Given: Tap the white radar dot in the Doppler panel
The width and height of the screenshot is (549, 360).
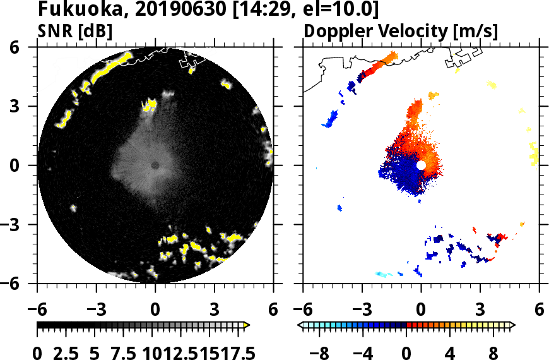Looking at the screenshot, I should pos(421,165).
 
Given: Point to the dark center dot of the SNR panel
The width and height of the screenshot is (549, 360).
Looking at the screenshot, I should pos(155,165).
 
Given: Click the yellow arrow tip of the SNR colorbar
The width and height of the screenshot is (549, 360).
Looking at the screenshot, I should pos(247,325).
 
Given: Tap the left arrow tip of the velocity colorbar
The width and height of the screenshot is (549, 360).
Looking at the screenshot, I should pos(300,325).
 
